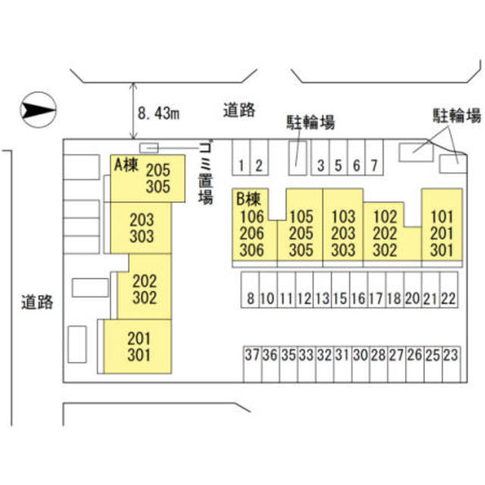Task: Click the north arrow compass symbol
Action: click(38, 110)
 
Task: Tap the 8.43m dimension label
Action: click(158, 114)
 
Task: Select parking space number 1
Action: click(241, 158)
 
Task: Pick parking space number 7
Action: click(374, 158)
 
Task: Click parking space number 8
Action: click(250, 289)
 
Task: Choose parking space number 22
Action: click(449, 289)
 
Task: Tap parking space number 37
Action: click(252, 365)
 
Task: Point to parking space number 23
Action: click(451, 365)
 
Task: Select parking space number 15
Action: click(340, 289)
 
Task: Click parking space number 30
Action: click(361, 365)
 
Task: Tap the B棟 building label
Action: click(248, 199)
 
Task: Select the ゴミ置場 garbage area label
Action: click(205, 175)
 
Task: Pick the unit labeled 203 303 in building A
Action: click(141, 228)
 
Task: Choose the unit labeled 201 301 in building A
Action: click(138, 346)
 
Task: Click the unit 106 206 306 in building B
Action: click(252, 233)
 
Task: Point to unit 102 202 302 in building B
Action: click(385, 233)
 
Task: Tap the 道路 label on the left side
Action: click(37, 302)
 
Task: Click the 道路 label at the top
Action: click(239, 110)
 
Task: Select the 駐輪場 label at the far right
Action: click(456, 115)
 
